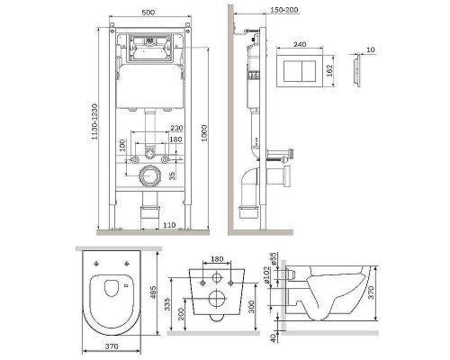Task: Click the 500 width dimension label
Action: (x=148, y=13)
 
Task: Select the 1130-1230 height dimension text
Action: (x=94, y=121)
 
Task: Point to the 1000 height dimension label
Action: (x=204, y=133)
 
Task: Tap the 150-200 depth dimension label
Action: (x=284, y=10)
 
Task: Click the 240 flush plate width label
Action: (x=300, y=44)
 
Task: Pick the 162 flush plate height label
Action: (x=329, y=71)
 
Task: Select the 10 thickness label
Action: (x=371, y=49)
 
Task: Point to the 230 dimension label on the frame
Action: (x=176, y=128)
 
